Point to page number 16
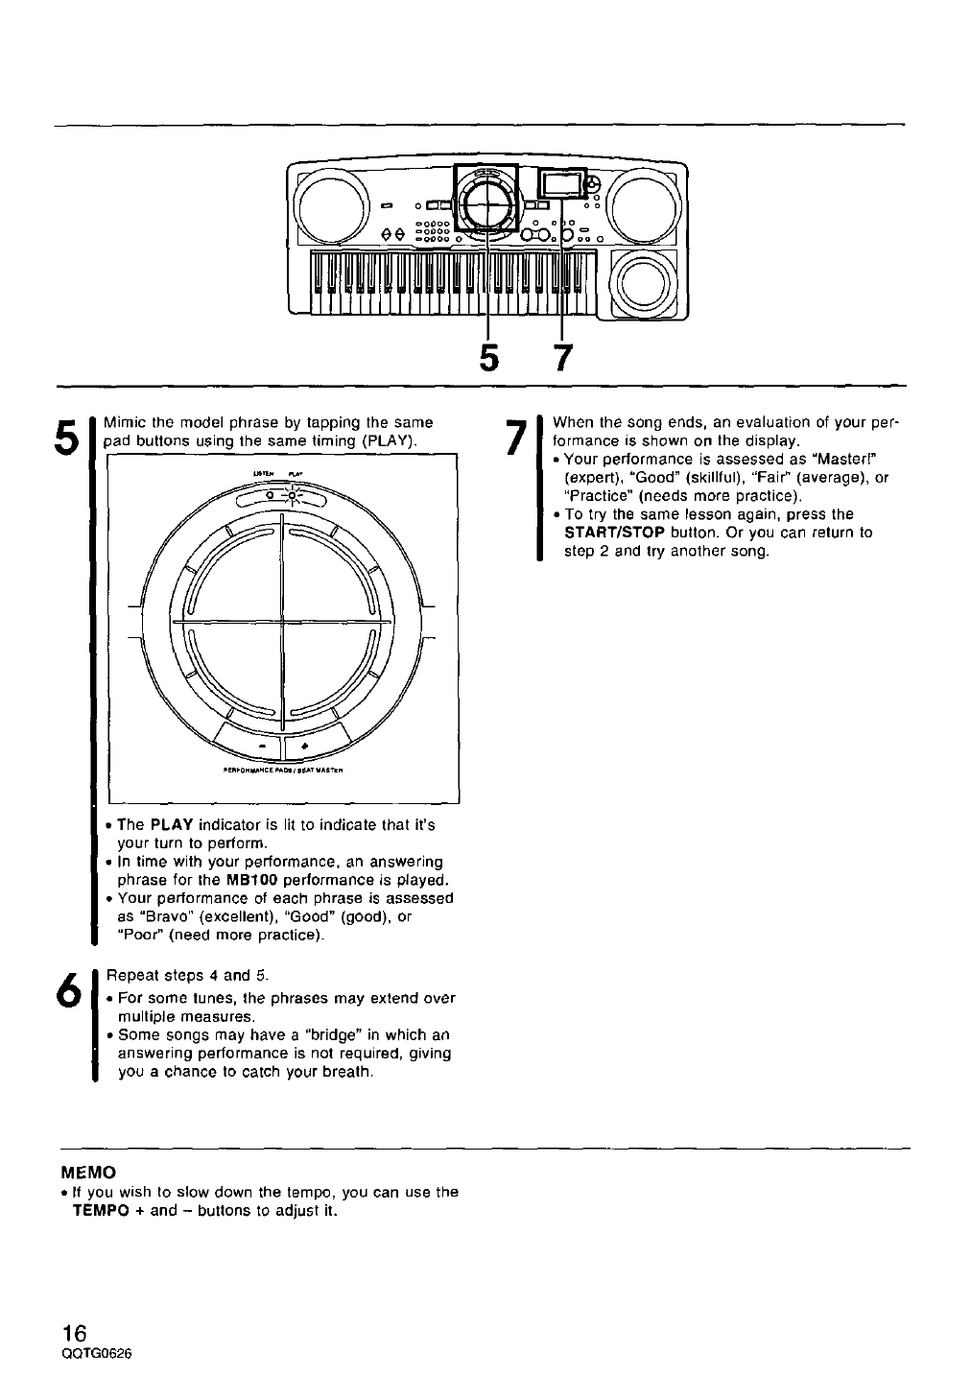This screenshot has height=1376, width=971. [74, 1333]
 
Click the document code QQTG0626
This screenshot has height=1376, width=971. [95, 1353]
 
